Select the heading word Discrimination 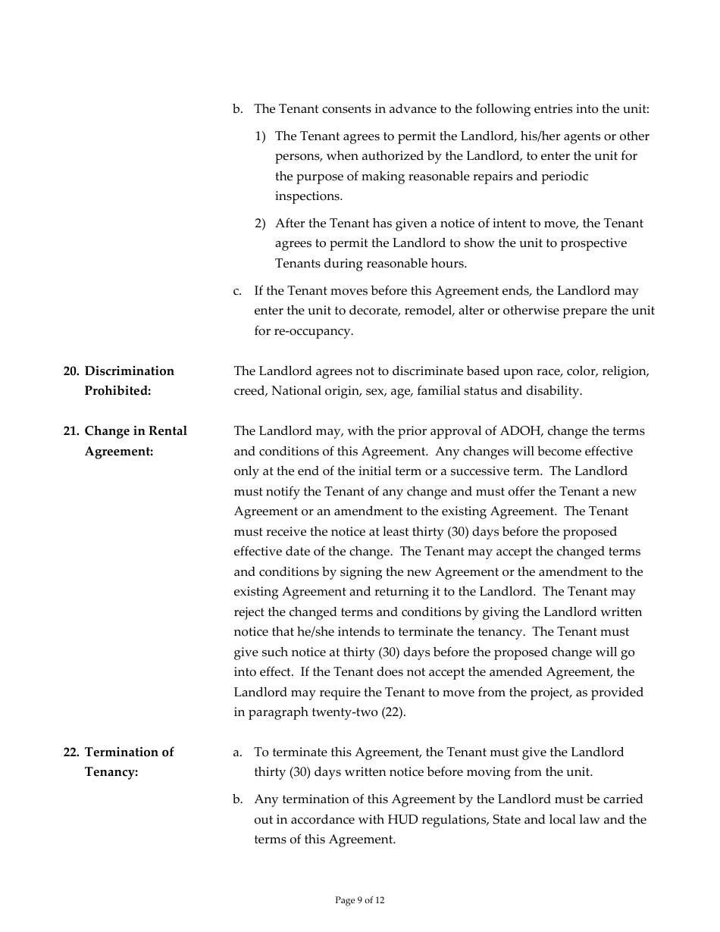point(129,371)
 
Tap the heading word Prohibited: point(117,391)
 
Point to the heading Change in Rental point(136,431)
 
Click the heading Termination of point(129,752)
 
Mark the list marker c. point(237,291)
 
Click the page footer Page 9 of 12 point(360,900)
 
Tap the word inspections point(308,196)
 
